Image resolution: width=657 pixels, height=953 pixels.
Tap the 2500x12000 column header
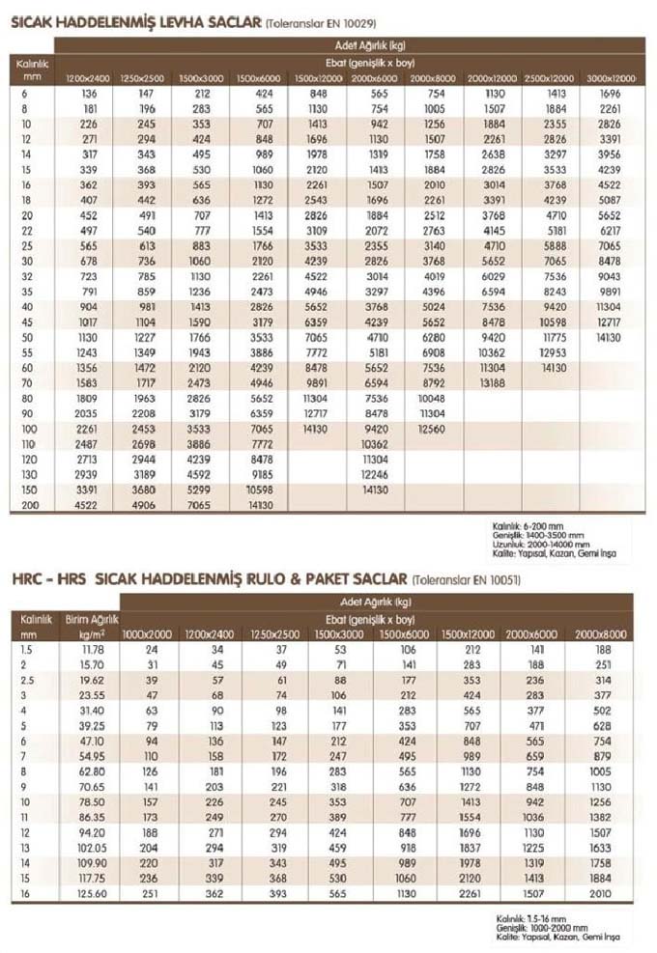(x=551, y=77)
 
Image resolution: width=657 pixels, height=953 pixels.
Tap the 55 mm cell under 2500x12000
(x=551, y=352)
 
